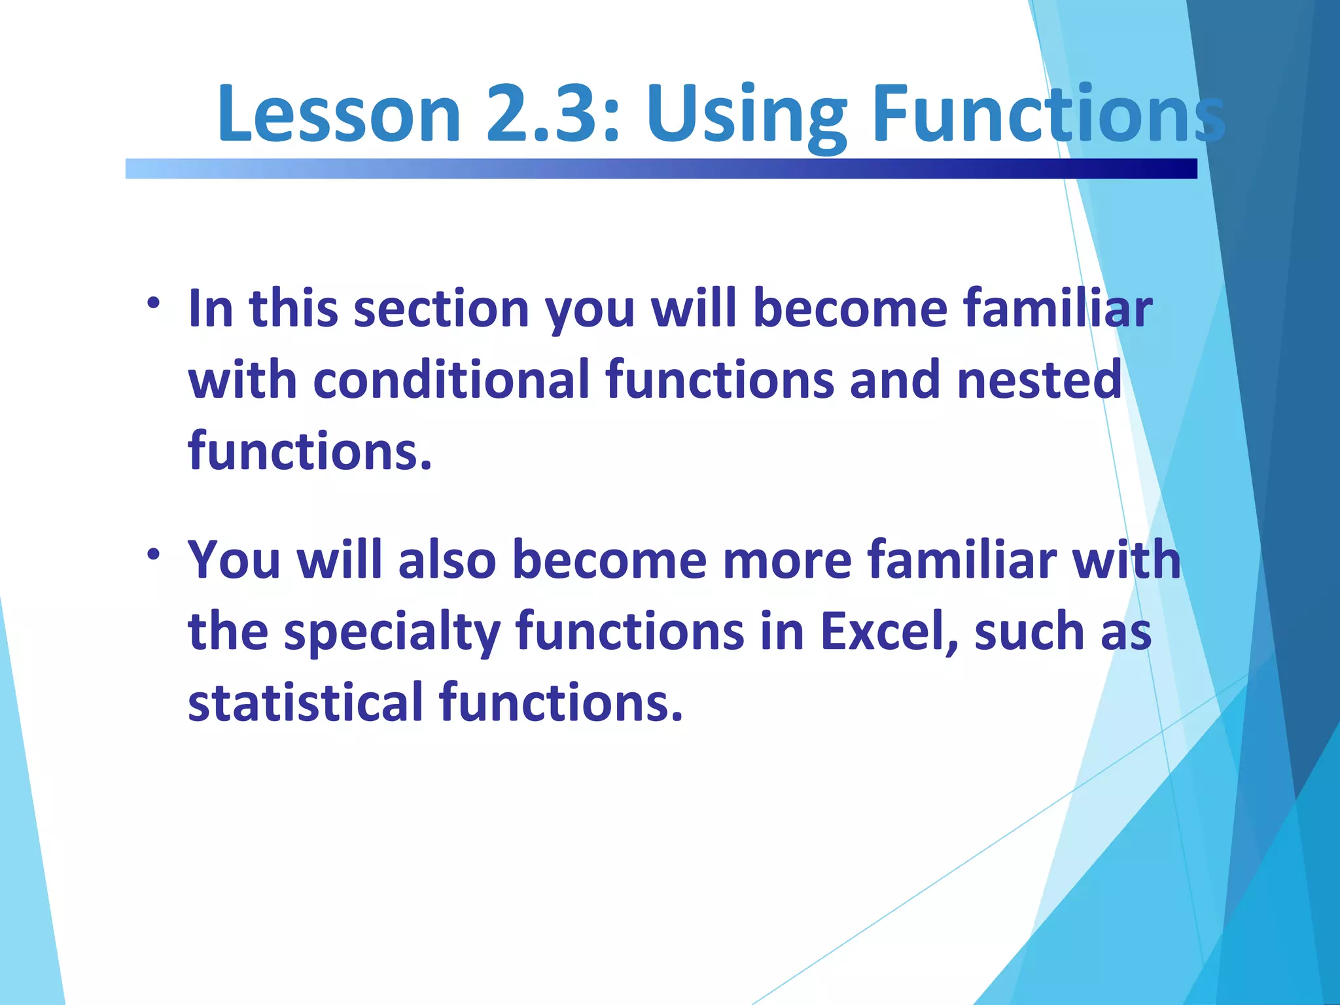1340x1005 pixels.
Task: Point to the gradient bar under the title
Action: click(x=661, y=168)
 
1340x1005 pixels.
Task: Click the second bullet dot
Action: click(x=153, y=555)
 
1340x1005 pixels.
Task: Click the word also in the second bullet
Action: click(x=447, y=560)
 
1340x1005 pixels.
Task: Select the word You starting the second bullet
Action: click(x=234, y=560)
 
